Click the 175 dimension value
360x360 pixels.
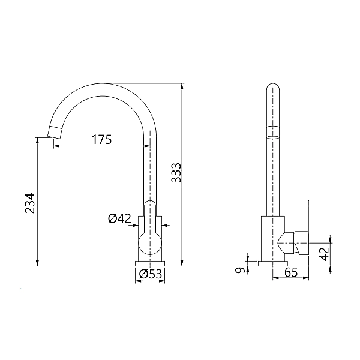101,140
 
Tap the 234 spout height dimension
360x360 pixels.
29,204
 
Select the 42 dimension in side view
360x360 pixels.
324,253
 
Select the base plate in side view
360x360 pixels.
272,263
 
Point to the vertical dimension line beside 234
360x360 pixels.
37,204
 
